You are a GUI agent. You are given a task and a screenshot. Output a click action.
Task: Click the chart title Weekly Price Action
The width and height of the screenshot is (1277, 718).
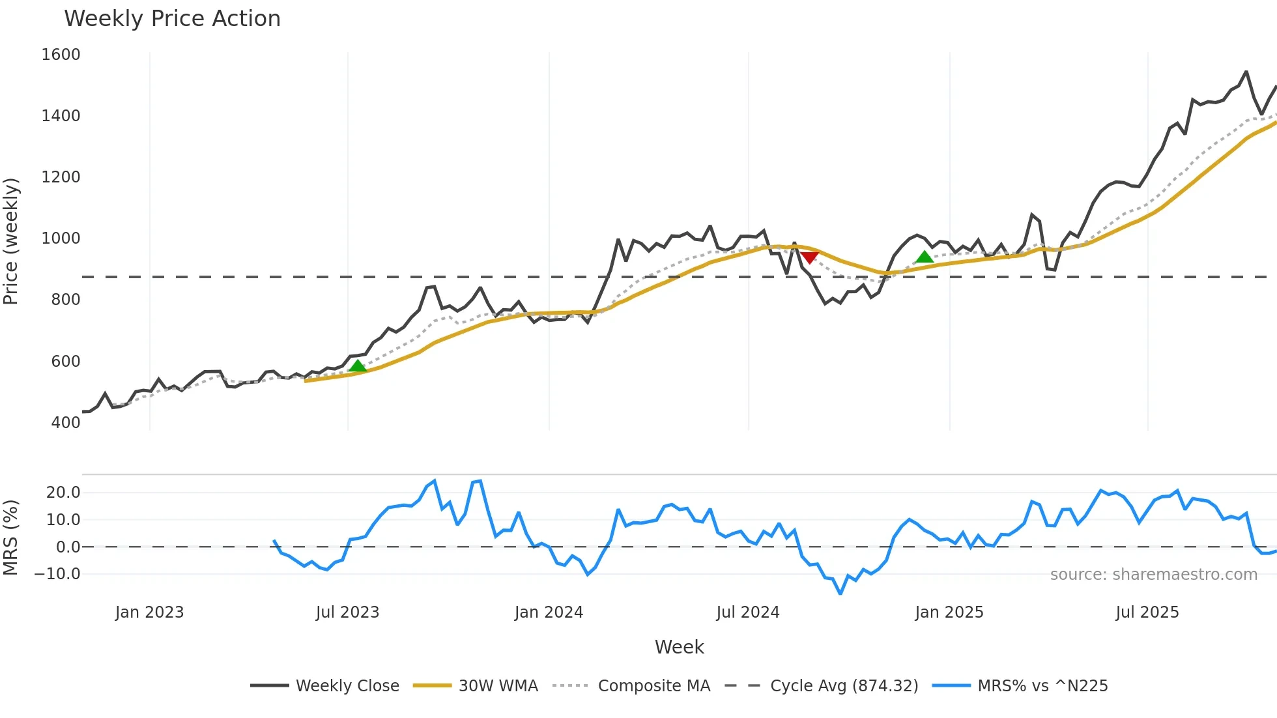[x=172, y=19]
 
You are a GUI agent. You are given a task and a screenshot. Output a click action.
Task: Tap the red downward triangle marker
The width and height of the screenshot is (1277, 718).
[x=809, y=258]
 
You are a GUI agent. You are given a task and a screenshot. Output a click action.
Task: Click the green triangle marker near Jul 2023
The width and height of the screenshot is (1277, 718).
[x=358, y=366]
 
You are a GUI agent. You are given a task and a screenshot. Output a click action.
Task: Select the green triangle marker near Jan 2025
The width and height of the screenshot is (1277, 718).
[x=924, y=257]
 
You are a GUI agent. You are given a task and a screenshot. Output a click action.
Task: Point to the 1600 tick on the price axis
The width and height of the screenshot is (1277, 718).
[x=61, y=55]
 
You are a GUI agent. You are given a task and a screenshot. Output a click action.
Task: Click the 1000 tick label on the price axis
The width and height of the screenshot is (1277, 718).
[x=61, y=238]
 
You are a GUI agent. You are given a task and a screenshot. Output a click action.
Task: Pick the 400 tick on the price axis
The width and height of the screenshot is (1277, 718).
[x=66, y=423]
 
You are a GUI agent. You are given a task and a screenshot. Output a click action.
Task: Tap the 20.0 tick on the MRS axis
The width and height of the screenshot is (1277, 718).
[x=63, y=493]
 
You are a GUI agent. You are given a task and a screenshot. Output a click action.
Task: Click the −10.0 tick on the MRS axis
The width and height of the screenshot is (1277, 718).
[x=57, y=574]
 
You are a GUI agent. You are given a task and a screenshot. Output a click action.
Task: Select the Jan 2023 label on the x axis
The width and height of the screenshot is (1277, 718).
[x=149, y=612]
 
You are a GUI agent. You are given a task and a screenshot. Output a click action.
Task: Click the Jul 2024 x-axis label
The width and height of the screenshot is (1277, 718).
[x=747, y=612]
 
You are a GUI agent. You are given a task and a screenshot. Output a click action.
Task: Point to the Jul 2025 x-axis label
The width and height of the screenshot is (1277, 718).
[x=1147, y=612]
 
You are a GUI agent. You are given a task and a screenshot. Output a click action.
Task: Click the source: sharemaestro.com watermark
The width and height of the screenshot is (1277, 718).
[x=1153, y=575]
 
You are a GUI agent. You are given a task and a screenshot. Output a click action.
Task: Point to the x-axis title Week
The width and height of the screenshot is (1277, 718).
[x=679, y=647]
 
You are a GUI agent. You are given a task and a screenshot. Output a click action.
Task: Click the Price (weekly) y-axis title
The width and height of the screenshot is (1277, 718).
[x=11, y=241]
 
